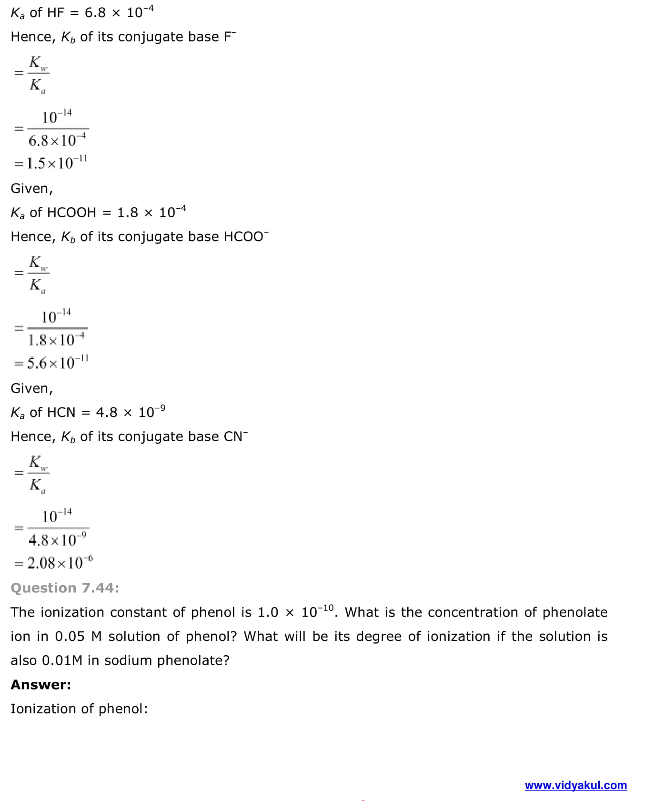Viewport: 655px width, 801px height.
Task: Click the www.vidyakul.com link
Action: (575, 785)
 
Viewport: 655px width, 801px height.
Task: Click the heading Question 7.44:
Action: (65, 588)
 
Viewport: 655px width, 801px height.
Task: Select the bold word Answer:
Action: (41, 685)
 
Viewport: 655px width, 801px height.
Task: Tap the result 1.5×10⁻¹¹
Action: (56, 163)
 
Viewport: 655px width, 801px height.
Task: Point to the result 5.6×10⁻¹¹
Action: (57, 363)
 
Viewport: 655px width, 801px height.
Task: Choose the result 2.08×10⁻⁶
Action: (60, 563)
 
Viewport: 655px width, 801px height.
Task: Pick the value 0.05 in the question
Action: (70, 637)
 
